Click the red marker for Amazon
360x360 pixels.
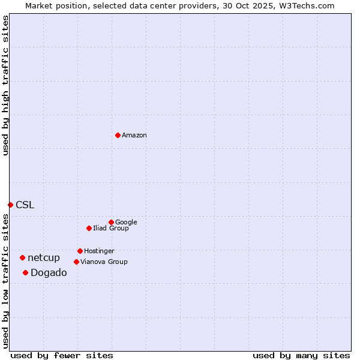coord(118,135)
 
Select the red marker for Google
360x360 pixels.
coord(111,222)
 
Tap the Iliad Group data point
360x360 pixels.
coord(89,228)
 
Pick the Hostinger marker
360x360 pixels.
coord(80,251)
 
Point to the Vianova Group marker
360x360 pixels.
coord(76,262)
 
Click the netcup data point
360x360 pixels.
coord(22,257)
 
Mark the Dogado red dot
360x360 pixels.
coord(25,272)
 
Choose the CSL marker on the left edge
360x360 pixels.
coord(10,205)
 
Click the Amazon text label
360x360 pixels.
coord(134,136)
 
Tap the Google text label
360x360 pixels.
coord(126,222)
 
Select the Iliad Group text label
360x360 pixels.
coord(111,228)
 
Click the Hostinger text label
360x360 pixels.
coord(99,251)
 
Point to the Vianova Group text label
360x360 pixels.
coord(104,262)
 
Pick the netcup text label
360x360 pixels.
coord(44,258)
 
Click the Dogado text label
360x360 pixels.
coord(49,273)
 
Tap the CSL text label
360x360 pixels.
coord(25,205)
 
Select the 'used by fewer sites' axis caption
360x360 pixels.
coord(62,355)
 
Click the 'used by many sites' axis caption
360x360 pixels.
coord(301,355)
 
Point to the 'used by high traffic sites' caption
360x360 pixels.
coord(5,85)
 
